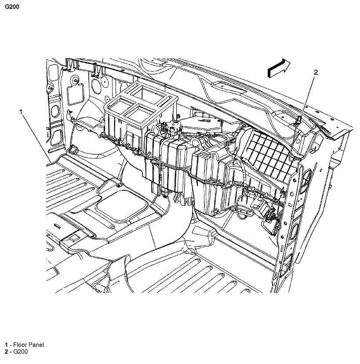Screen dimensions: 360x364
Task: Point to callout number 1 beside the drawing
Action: pyautogui.click(x=21, y=112)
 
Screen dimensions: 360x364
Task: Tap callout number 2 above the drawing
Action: pyautogui.click(x=315, y=73)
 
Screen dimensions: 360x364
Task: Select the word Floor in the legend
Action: pyautogui.click(x=20, y=345)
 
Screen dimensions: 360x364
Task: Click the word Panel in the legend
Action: pyautogui.click(x=36, y=345)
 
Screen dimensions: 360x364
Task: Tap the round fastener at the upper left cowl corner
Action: pyautogui.click(x=76, y=80)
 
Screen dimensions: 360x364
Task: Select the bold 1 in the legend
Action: pyautogui.click(x=7, y=345)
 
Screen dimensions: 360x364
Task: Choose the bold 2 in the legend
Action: pyautogui.click(x=7, y=352)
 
